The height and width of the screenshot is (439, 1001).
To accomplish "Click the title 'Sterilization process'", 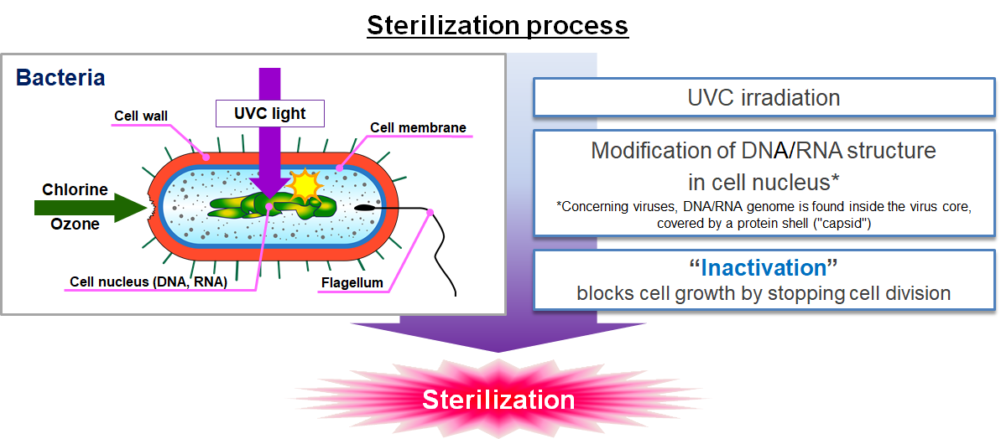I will click(x=498, y=25).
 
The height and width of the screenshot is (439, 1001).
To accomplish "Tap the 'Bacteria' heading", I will click(x=60, y=78).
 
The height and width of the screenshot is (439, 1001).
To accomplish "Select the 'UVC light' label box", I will click(x=269, y=113).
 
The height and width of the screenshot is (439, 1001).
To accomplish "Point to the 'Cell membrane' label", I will click(x=417, y=128).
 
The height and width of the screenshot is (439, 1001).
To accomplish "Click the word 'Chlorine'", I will click(x=75, y=189).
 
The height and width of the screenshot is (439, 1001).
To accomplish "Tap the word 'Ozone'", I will click(x=75, y=224).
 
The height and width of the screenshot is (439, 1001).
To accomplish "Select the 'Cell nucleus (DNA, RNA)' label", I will click(x=148, y=281).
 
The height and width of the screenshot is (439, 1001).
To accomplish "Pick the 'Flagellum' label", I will click(x=352, y=282).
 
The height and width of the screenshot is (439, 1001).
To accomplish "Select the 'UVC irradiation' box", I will click(x=763, y=97).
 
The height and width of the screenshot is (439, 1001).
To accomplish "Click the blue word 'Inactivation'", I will click(x=763, y=268).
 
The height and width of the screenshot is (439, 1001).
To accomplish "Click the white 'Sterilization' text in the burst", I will click(x=498, y=400).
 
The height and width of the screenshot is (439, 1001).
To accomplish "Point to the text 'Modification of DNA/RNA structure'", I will click(x=763, y=151).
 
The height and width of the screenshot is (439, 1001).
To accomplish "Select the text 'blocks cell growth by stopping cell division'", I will click(x=763, y=293).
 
